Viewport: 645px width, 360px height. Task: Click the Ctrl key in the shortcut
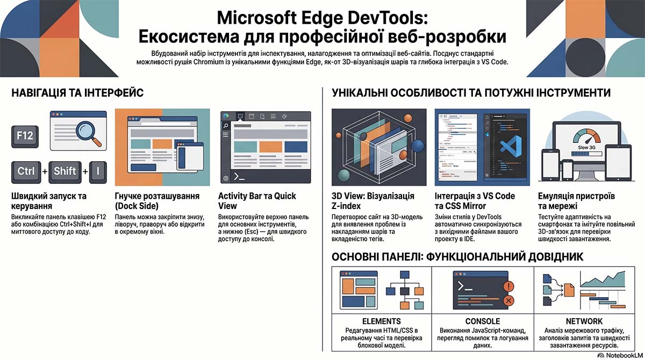point(26,172)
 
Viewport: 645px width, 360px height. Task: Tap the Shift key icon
point(65,172)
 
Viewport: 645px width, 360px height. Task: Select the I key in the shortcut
point(98,172)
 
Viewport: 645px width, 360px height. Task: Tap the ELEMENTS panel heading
point(381,321)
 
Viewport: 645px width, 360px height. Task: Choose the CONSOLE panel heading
point(483,321)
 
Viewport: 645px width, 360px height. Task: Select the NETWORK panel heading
point(584,321)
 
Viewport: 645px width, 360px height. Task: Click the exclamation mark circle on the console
point(508,286)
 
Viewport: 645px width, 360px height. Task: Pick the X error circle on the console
point(508,301)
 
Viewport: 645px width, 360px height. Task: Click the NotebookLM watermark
point(620,355)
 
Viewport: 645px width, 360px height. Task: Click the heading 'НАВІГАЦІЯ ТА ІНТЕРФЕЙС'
point(77,93)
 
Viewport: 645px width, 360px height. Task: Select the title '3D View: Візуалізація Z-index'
point(373,201)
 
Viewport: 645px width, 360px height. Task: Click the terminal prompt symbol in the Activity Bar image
point(239,176)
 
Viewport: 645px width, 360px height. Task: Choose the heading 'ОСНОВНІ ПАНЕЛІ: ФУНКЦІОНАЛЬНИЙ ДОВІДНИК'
point(457,256)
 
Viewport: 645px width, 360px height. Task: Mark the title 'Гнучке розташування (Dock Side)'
point(157,201)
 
